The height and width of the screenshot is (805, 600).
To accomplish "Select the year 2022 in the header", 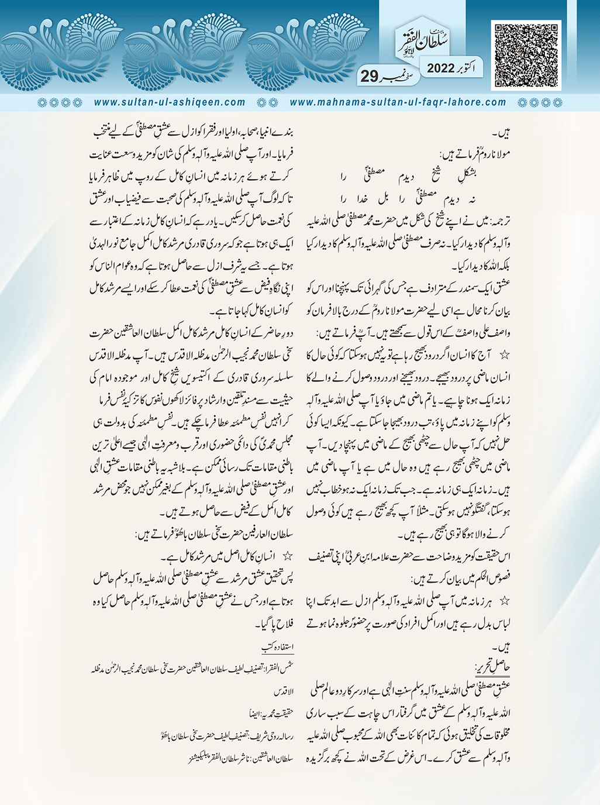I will point(444,68).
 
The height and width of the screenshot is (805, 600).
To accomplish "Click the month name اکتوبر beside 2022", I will point(475,68).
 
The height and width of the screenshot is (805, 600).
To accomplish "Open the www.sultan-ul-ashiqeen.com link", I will point(170,102).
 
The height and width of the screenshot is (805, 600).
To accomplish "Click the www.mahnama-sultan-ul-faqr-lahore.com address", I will point(398,102).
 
